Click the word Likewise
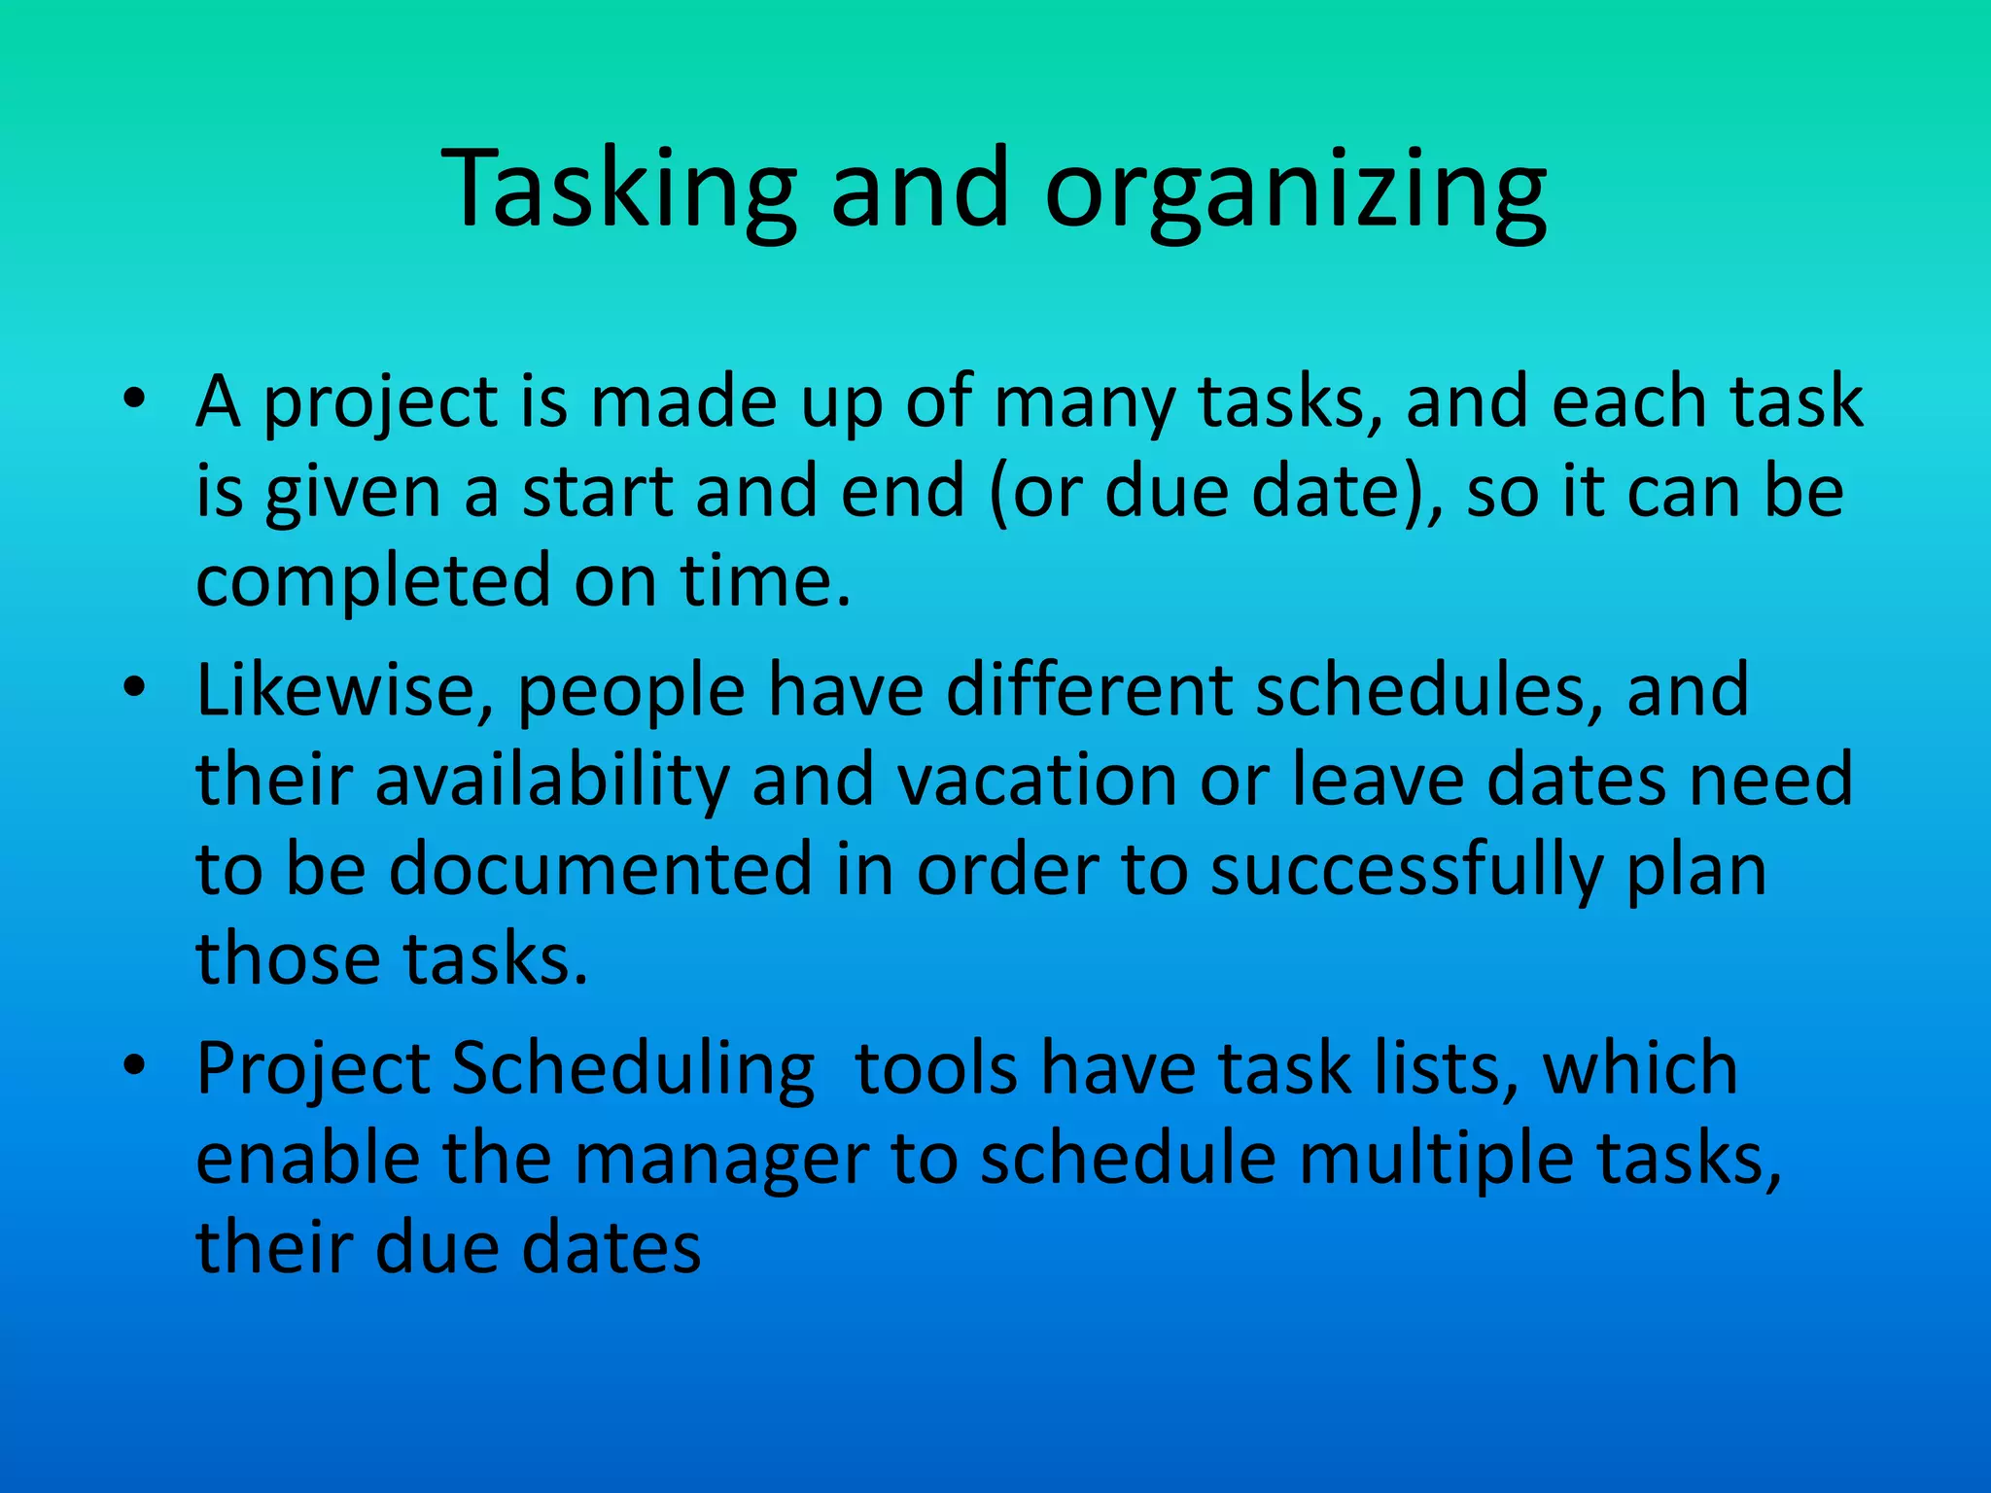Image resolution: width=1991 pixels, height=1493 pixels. (x=346, y=691)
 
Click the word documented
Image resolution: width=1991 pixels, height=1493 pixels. (x=600, y=869)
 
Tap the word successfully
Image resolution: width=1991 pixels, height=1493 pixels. (x=1406, y=871)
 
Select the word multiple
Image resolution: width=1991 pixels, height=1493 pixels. (x=1435, y=1161)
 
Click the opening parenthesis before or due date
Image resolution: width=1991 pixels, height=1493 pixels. (x=998, y=494)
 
